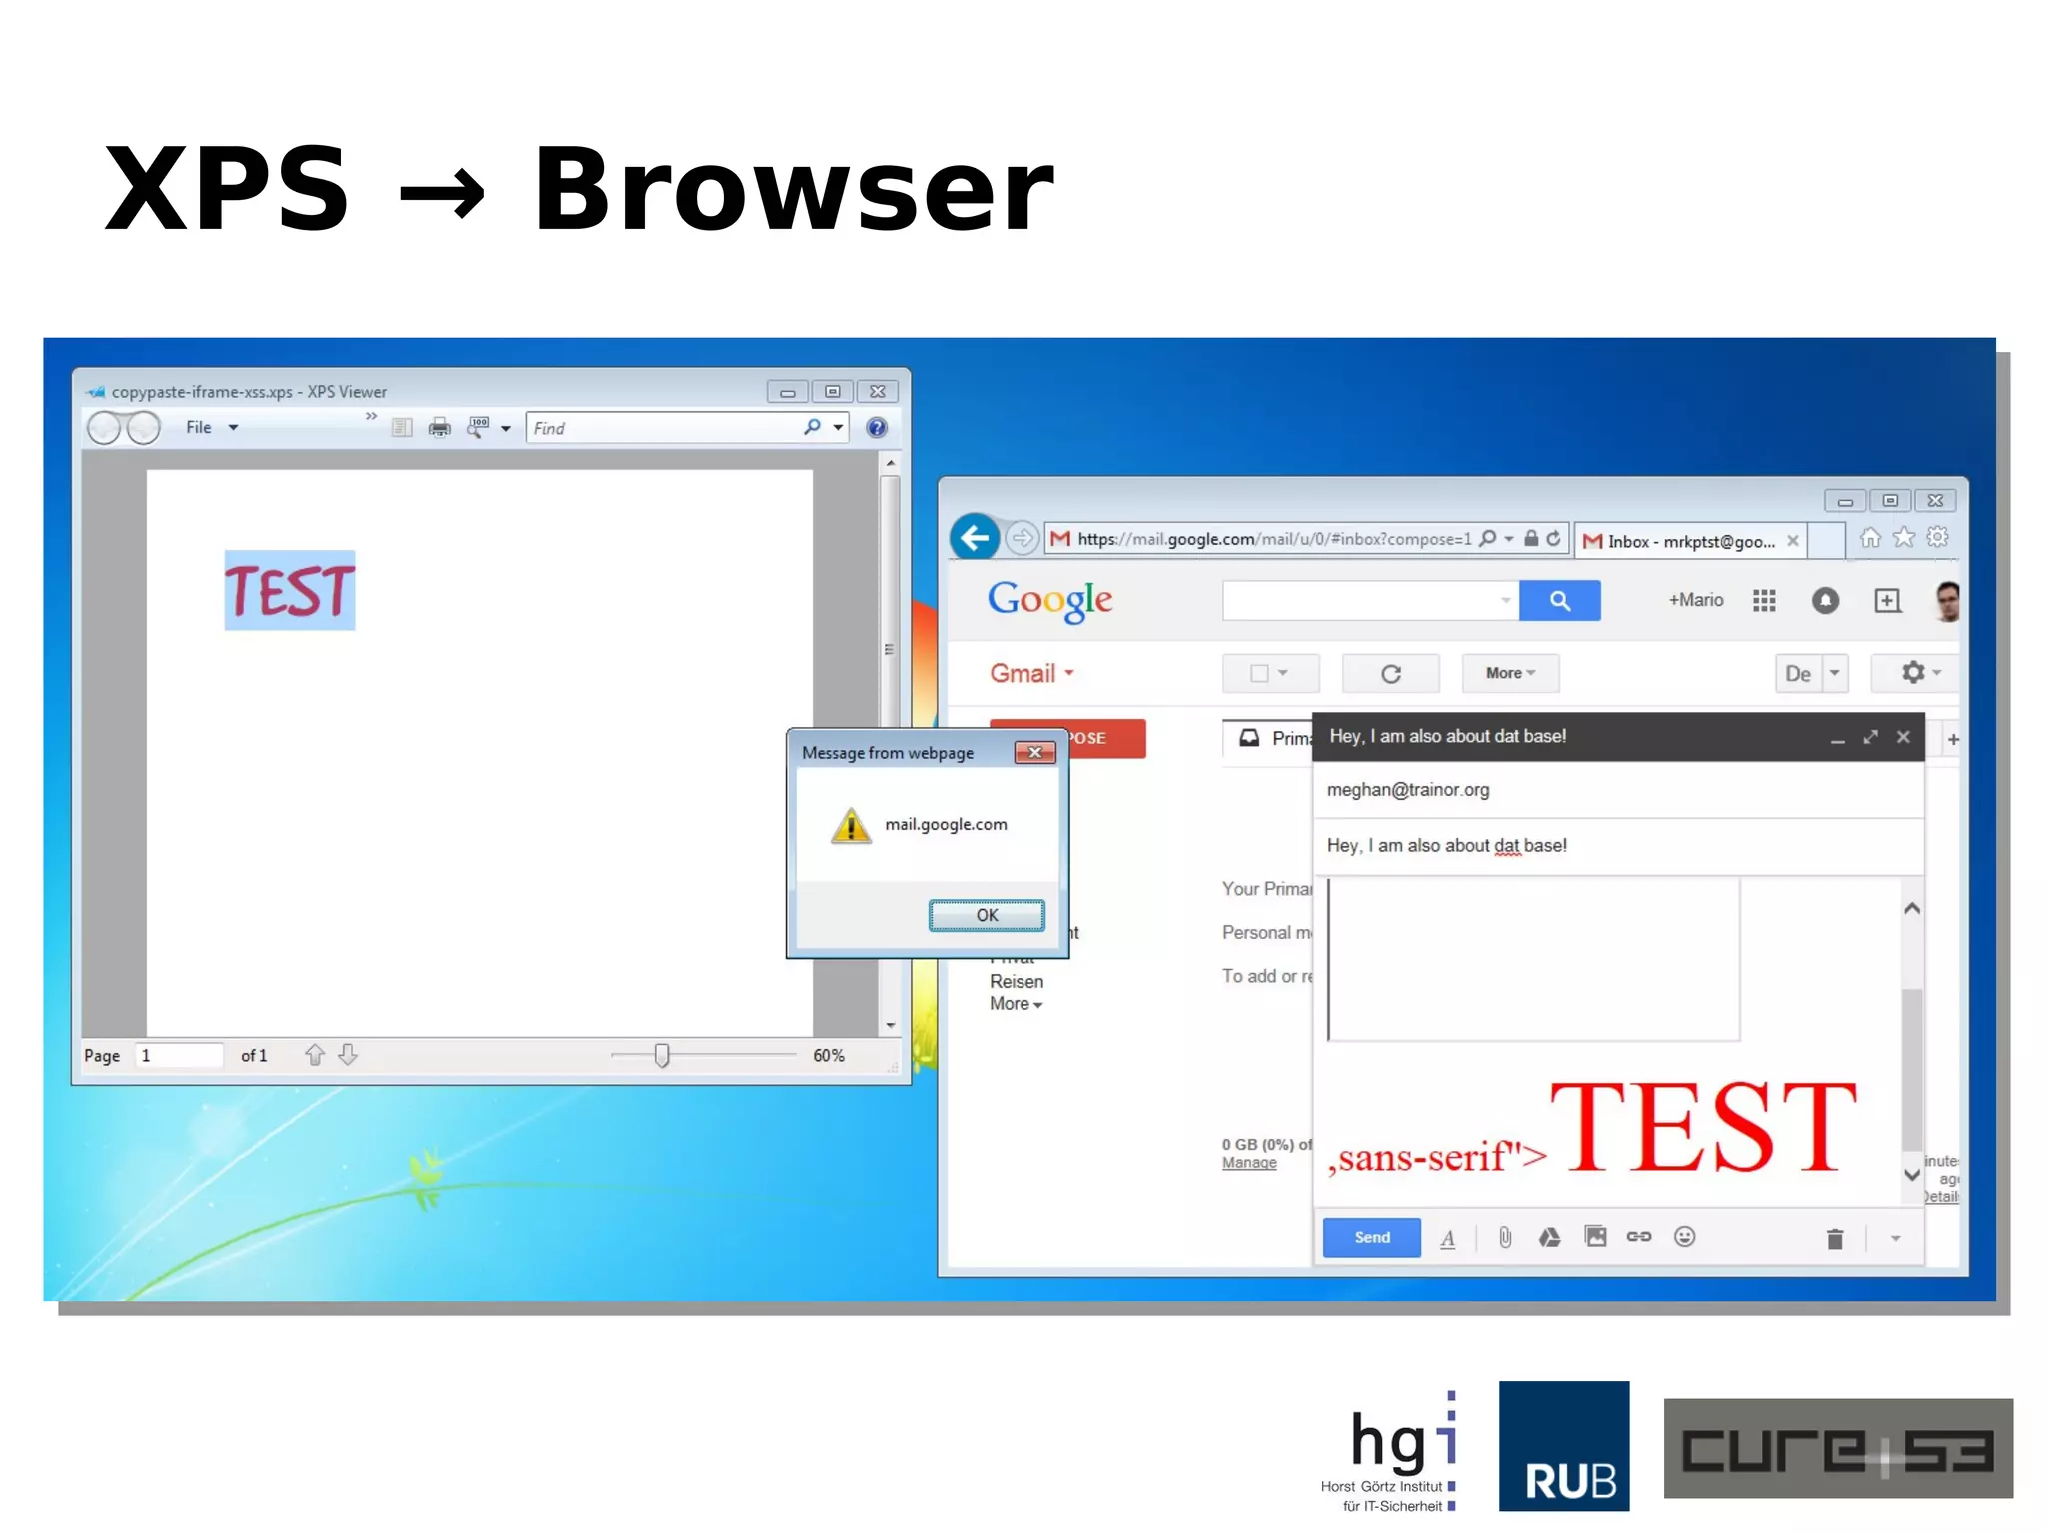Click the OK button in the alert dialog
coord(987,915)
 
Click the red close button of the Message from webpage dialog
coord(1034,752)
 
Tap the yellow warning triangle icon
coord(851,826)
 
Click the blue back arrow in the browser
coord(974,539)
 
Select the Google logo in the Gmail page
coord(1049,600)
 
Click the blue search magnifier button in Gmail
coord(1559,600)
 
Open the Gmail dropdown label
coord(1031,673)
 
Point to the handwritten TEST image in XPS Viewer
coord(289,590)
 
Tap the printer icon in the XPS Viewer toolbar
coord(439,428)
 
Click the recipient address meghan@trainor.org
coord(1407,790)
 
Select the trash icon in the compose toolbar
coord(1834,1239)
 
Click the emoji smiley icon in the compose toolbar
coord(1684,1237)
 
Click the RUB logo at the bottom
coord(1563,1445)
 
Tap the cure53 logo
coord(1837,1448)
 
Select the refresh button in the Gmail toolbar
coord(1390,674)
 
